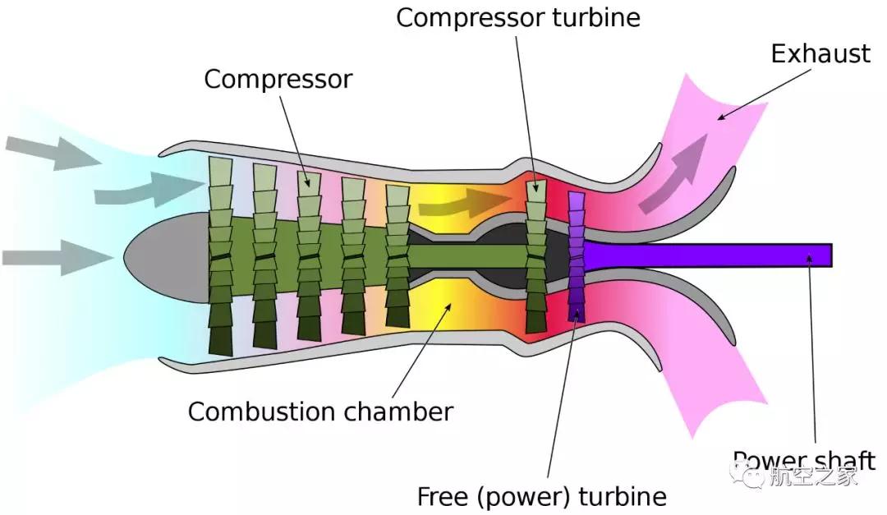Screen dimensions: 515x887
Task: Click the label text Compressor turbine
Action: [518, 17]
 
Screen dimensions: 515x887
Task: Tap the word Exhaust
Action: [820, 54]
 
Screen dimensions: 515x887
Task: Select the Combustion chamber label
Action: [320, 411]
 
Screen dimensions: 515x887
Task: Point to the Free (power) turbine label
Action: [541, 496]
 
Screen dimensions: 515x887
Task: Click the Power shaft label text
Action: [803, 460]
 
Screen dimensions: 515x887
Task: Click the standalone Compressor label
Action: [278, 79]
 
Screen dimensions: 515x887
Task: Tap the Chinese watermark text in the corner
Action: [813, 476]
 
